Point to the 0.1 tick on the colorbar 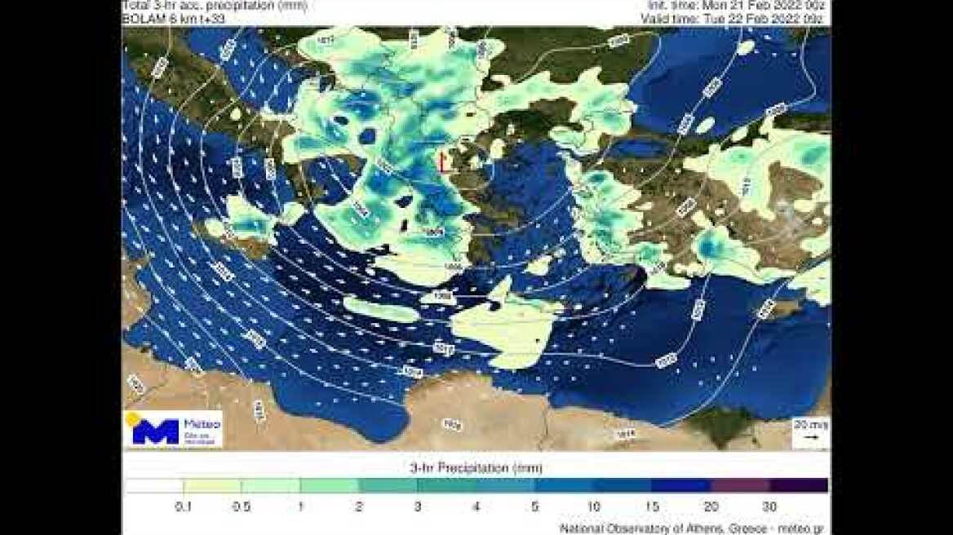point(184,506)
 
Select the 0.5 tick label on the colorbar point(242,506)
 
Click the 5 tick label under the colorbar point(535,506)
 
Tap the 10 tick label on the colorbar point(594,506)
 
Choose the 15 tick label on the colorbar point(653,506)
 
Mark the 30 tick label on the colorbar point(769,506)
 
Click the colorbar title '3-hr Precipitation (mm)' point(476,468)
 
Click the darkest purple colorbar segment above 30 point(799,485)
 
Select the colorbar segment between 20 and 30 point(740,485)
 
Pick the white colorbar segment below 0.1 point(154,485)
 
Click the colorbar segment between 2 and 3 point(388,485)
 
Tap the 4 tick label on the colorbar point(476,506)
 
